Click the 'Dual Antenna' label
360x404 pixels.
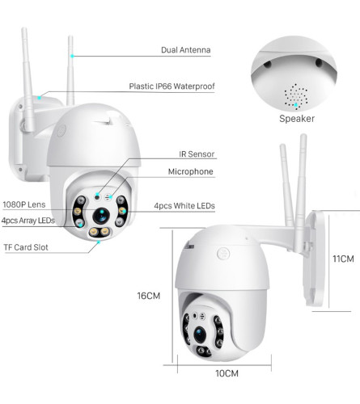click(186, 50)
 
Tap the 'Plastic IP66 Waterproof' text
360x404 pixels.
click(172, 86)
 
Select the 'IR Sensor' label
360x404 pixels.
click(197, 154)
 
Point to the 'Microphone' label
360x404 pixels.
click(190, 171)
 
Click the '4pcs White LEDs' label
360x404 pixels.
click(184, 206)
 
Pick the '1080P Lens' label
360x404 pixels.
click(24, 204)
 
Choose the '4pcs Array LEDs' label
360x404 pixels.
click(28, 221)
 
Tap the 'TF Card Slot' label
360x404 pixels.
click(26, 247)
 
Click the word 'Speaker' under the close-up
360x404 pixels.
click(297, 119)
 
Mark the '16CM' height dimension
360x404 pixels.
click(149, 296)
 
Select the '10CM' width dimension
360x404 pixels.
click(227, 373)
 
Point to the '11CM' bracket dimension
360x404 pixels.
click(343, 259)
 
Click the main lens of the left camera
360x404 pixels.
click(101, 216)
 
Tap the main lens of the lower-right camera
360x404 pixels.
click(200, 335)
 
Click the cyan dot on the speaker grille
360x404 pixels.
click(296, 105)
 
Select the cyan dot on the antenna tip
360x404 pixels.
click(72, 56)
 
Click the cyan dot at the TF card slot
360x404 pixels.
click(99, 242)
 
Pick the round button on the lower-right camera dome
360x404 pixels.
click(223, 254)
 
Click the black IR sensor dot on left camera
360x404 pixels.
click(97, 197)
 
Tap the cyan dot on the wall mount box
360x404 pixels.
click(40, 98)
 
